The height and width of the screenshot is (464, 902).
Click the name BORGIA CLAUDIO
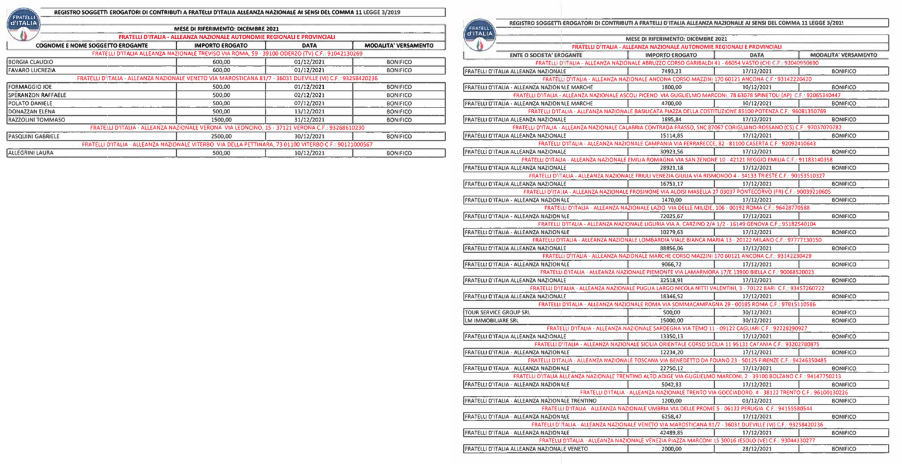(31, 62)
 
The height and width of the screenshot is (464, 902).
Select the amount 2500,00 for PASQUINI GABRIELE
(221, 136)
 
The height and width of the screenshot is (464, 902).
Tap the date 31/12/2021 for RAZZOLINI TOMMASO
(309, 120)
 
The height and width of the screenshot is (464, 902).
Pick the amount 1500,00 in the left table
(221, 120)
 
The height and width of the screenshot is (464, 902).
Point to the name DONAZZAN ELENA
(31, 112)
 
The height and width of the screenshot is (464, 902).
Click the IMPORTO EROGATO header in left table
(221, 45)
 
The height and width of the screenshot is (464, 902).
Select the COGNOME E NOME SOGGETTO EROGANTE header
(92, 45)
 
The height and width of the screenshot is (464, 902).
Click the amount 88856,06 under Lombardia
(671, 248)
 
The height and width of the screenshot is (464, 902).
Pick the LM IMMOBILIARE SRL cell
(492, 321)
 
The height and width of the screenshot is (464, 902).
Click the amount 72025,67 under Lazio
(671, 216)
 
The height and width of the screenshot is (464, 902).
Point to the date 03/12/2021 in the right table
(756, 401)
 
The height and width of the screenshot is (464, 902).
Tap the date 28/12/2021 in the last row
(756, 449)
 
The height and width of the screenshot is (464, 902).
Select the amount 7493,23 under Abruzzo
(671, 71)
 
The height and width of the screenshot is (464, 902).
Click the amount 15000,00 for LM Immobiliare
(671, 321)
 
